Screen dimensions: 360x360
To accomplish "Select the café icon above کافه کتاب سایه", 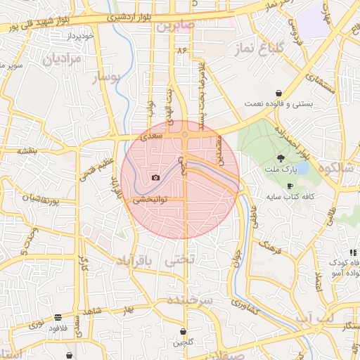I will (290, 186).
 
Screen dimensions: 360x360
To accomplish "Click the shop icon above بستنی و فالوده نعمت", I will (279, 93).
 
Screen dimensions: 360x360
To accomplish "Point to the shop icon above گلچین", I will (184, 331).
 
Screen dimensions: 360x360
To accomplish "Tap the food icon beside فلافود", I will (58, 317).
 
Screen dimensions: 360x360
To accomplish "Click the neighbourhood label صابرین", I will (174, 27).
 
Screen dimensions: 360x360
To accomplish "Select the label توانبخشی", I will (150, 200).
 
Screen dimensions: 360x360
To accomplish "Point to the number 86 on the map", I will (183, 51).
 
